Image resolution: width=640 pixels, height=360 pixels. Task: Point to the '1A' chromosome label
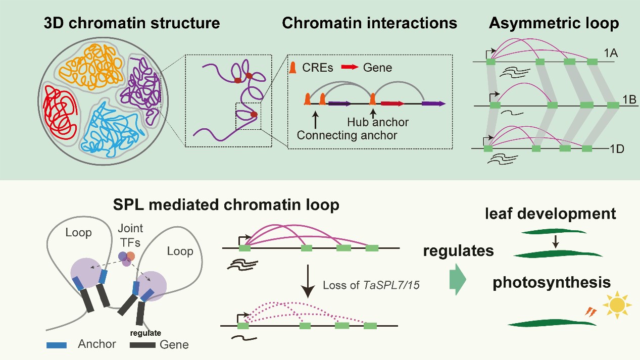pos(622,53)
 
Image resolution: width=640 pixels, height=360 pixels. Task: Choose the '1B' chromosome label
pos(629,99)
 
